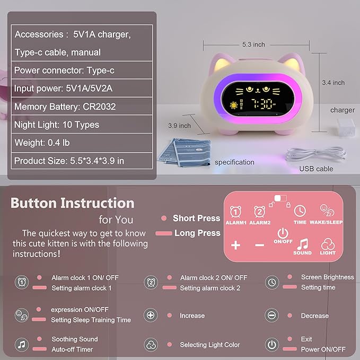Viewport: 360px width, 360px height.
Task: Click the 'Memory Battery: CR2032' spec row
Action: click(65, 107)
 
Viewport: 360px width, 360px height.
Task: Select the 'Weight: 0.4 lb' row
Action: click(42, 143)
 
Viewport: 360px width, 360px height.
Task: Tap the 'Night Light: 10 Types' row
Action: click(56, 125)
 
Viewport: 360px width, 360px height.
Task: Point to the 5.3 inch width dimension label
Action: click(253, 45)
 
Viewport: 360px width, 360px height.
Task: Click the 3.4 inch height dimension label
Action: click(333, 83)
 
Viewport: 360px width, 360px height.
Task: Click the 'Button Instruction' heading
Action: click(73, 203)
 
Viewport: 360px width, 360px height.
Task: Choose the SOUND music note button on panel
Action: click(302, 246)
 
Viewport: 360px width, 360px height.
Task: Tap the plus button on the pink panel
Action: click(236, 245)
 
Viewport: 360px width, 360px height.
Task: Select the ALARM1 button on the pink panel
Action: click(236, 214)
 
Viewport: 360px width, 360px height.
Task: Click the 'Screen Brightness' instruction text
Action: click(327, 277)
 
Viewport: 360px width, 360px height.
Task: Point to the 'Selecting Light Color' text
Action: click(209, 345)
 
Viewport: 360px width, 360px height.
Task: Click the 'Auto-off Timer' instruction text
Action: click(72, 349)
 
